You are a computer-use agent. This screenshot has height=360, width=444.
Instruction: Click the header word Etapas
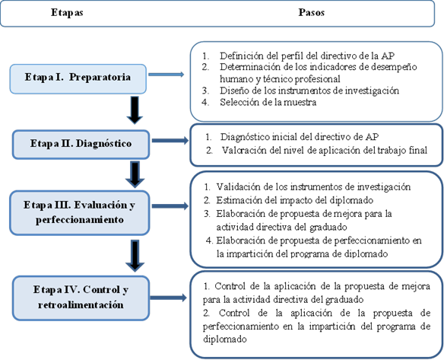coord(67,13)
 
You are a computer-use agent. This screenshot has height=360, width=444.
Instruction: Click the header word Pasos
coord(311,12)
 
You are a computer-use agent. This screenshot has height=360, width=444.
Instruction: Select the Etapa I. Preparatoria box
coord(78,79)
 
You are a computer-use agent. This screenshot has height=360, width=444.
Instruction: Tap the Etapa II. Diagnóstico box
coord(81,145)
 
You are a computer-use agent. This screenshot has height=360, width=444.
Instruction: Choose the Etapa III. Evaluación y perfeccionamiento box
coord(80,213)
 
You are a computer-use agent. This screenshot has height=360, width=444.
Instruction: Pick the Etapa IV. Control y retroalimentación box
coord(81,298)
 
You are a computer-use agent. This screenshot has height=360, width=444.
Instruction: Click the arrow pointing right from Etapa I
coord(166,75)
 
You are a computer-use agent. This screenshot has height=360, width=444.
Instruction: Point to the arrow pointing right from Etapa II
coord(170,140)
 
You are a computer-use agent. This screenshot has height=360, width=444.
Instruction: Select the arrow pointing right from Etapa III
coord(170,206)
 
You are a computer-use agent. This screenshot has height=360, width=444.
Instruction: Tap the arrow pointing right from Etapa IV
coord(169,298)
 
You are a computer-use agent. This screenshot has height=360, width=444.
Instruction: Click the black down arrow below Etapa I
coord(135,110)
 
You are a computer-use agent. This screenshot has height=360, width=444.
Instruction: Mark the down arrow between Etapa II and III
coord(135,174)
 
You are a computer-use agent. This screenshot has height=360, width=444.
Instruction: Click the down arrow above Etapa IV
coord(135,256)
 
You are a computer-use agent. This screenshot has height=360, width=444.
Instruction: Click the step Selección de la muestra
coord(268,102)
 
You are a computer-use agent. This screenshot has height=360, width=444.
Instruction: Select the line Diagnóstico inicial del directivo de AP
coord(300,137)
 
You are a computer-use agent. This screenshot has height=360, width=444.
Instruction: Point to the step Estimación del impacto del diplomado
coord(295,200)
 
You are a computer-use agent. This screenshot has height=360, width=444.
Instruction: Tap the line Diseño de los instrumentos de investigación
coord(309,91)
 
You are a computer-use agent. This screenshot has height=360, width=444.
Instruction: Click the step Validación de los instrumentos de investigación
coord(313,186)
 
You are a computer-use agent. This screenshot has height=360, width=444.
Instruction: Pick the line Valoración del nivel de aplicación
coord(325,151)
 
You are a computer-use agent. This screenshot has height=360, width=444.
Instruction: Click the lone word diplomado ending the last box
coord(225,339)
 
